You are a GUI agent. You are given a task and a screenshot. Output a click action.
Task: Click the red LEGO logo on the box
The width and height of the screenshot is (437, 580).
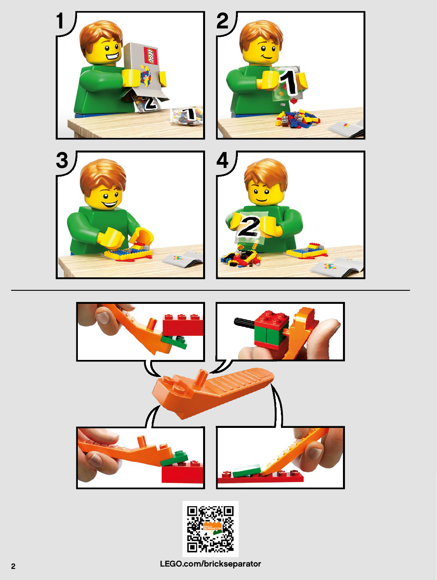151,56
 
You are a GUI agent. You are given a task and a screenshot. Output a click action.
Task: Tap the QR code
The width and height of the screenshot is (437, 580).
211,529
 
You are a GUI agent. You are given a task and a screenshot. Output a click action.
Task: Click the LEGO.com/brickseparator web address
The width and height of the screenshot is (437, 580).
211,564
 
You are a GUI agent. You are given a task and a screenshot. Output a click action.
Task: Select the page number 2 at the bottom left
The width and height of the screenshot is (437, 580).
13,566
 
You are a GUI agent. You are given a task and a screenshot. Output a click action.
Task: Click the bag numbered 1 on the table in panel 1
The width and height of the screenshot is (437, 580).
187,116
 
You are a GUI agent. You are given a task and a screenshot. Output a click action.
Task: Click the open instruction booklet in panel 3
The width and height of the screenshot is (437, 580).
183,259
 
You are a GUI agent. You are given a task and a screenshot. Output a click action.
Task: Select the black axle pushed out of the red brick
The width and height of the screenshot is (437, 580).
244,322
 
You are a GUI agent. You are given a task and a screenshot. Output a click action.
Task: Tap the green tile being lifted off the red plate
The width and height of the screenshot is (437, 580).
247,471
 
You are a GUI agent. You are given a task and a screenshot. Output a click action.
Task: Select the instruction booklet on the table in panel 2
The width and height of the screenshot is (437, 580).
346,128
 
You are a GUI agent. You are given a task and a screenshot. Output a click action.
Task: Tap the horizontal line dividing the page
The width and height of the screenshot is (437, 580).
210,290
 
